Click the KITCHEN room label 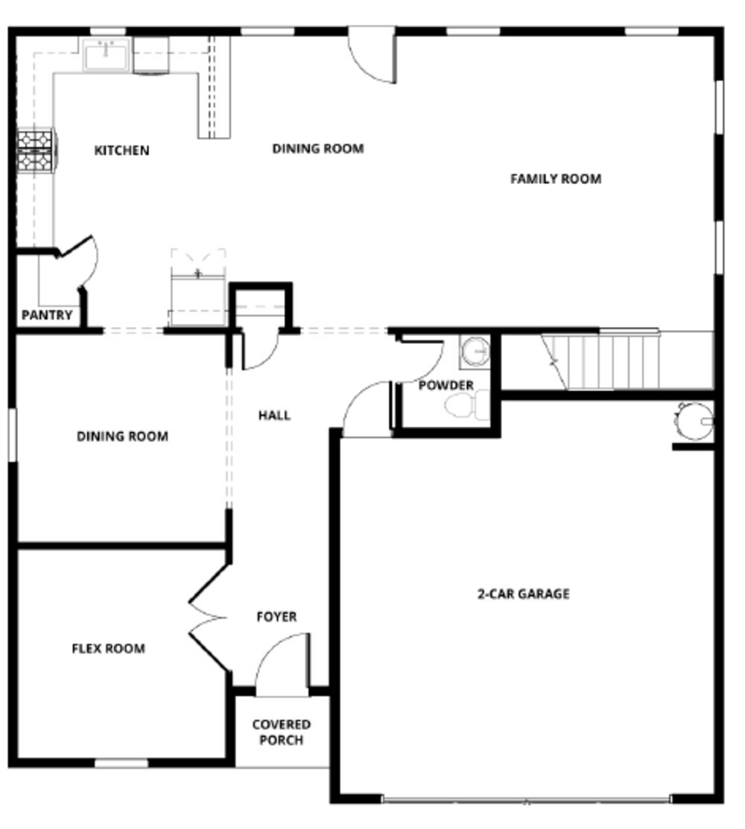pos(121,150)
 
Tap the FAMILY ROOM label pos(555,179)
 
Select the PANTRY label pos(47,315)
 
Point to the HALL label pos(274,415)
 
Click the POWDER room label pos(446,385)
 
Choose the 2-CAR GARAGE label pos(523,594)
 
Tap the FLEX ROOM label pos(108,648)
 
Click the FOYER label pos(276,617)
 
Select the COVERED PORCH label pos(281,732)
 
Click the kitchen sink pos(106,54)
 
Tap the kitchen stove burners pos(36,149)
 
